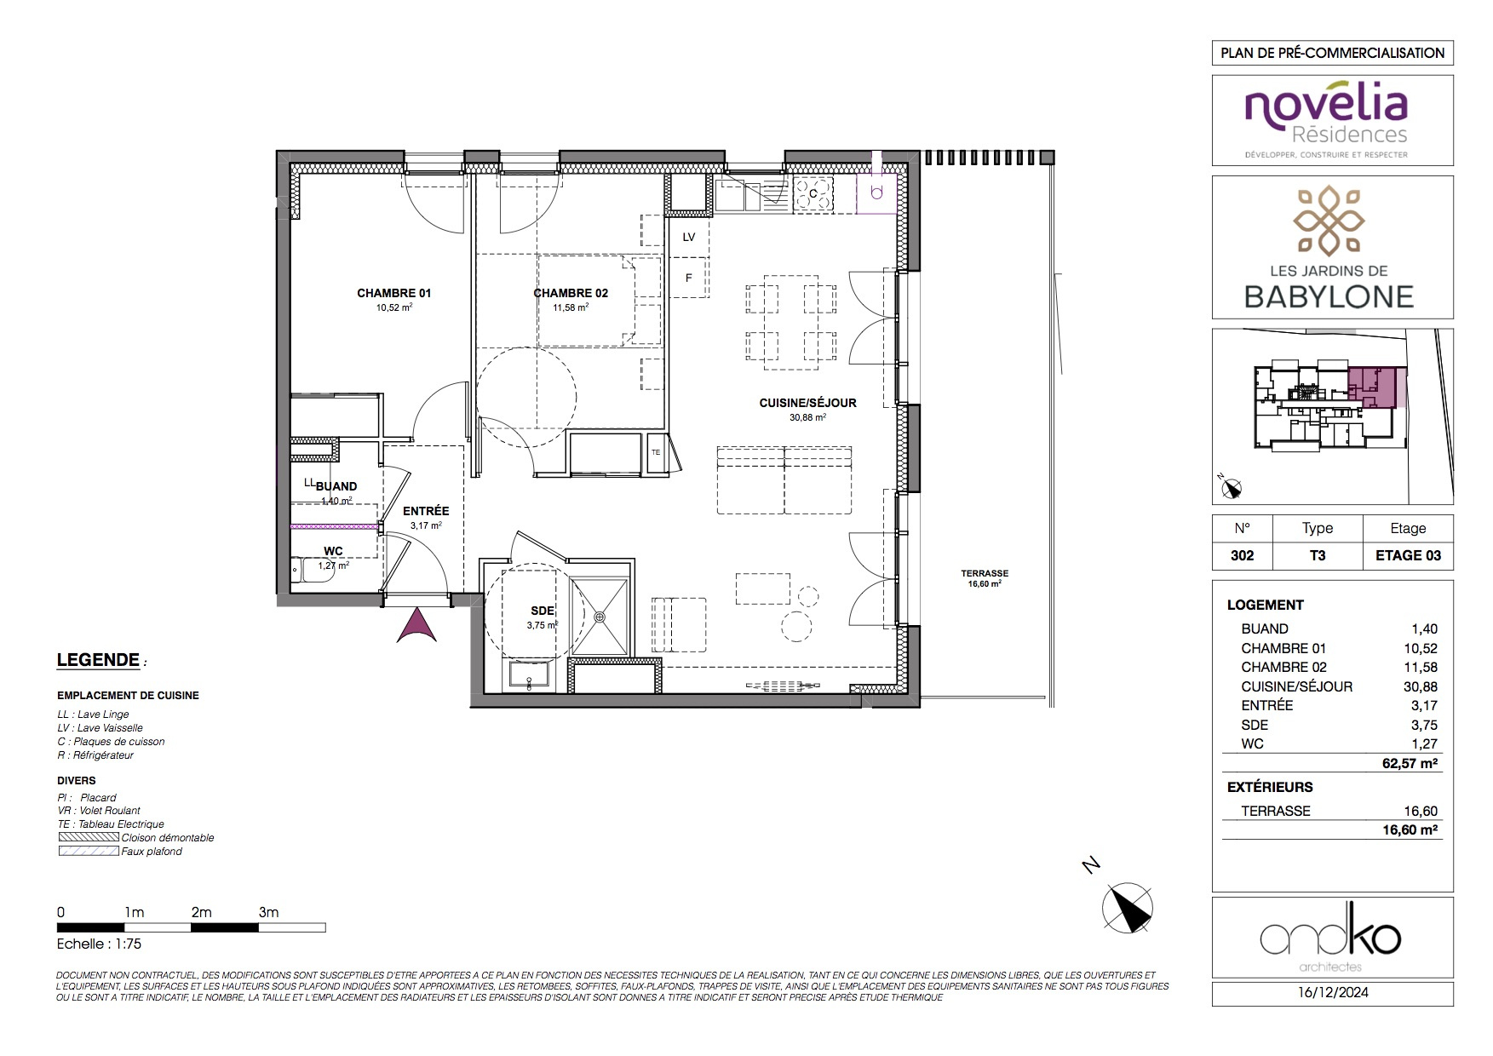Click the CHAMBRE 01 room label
coord(393,293)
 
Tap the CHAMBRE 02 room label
coord(571,293)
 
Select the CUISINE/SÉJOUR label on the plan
coord(807,403)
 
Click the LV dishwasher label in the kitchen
coord(689,237)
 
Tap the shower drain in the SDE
coord(600,617)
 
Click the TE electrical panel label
coord(656,452)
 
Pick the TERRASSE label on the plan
coord(985,573)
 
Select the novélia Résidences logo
coord(1326,119)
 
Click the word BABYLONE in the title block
coord(1329,296)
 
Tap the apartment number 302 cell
coord(1243,555)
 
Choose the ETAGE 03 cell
coord(1408,555)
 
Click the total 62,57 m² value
coord(1410,763)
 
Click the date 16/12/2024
coord(1333,992)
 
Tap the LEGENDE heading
coord(98,660)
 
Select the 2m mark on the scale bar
coord(201,912)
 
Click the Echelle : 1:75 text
coord(99,944)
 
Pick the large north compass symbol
coord(1127,908)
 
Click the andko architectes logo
coord(1330,939)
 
